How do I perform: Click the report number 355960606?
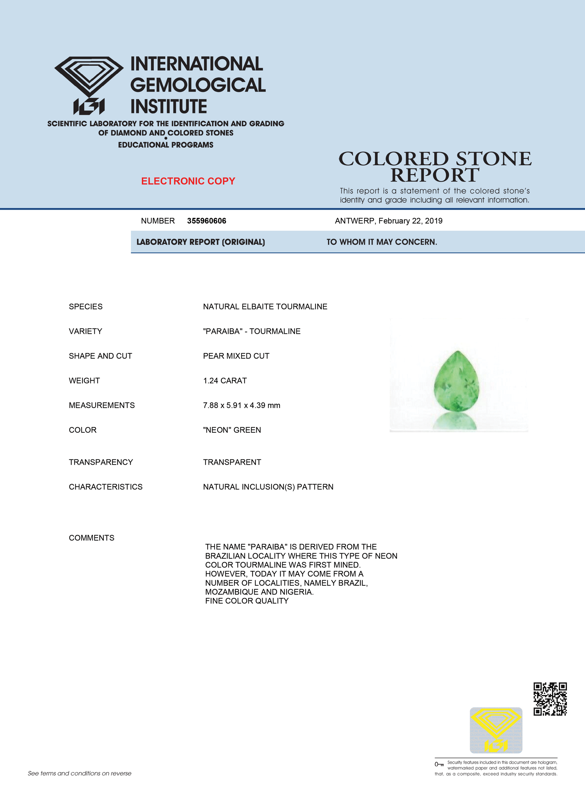tap(207, 221)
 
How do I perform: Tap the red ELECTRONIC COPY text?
tap(188, 181)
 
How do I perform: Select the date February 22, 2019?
tap(410, 221)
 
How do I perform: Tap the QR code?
tap(550, 699)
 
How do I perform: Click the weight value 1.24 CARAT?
tap(225, 380)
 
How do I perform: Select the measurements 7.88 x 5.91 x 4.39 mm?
tap(241, 405)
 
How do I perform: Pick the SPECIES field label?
tap(86, 306)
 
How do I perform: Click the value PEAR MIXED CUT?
tap(236, 356)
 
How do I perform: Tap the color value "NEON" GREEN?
tap(232, 430)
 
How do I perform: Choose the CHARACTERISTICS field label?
tap(106, 487)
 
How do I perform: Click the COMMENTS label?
tap(91, 538)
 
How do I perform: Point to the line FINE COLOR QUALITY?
tap(247, 601)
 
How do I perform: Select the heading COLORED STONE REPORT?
tap(435, 166)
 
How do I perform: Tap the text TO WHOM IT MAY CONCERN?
tap(382, 242)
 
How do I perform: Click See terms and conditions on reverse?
tap(80, 773)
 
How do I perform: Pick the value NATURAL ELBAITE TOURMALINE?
tap(265, 306)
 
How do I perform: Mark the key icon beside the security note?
tap(439, 764)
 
